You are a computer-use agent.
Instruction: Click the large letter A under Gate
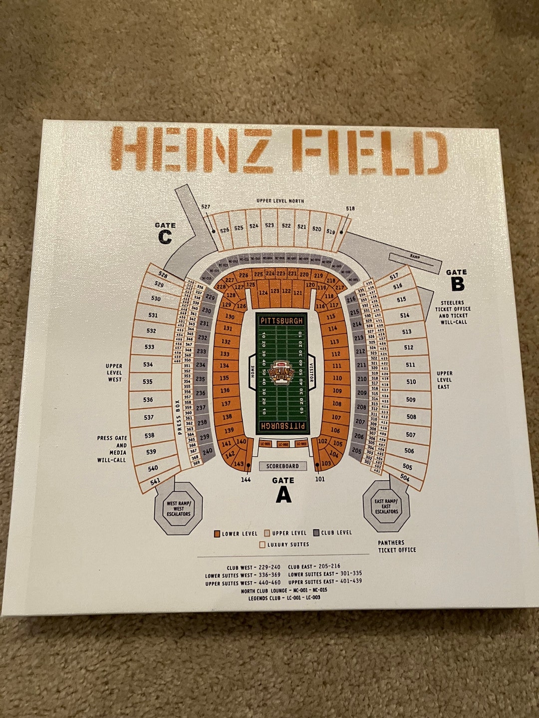283,494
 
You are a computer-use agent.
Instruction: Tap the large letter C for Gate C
165,237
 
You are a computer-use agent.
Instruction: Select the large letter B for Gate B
457,284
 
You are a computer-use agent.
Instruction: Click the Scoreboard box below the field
282,466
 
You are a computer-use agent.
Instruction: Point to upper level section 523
269,225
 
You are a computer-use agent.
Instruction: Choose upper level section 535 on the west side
147,381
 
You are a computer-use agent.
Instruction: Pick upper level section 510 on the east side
411,382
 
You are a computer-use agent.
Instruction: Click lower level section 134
225,366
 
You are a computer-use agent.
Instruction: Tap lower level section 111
337,365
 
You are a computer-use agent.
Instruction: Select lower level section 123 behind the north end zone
274,291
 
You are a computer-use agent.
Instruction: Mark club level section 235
200,379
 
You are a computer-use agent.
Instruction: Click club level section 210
362,379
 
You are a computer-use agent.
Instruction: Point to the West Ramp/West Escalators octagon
179,509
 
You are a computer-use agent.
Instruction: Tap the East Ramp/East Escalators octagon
386,507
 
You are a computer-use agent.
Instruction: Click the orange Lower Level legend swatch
217,534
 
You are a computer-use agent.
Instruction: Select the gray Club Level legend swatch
317,533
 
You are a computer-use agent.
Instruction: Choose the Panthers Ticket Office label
397,546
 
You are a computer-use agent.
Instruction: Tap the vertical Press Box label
178,418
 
